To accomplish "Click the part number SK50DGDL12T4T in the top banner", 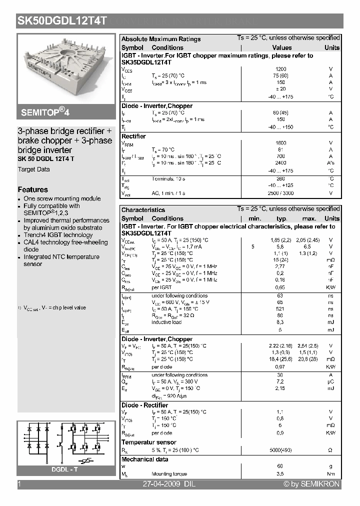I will [62, 21].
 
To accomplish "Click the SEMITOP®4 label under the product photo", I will [44, 111].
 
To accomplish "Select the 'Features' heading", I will [33, 189].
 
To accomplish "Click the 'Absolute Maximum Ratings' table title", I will [161, 39].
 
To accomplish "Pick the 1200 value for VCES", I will [281, 69].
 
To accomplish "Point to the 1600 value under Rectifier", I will [281, 143].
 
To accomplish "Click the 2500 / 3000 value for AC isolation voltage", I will [281, 193].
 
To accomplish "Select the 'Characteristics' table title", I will [143, 210].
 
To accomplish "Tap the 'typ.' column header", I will [282, 218].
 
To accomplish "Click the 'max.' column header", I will [309, 218].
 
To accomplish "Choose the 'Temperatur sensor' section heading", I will [148, 442].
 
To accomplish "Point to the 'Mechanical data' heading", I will [145, 459].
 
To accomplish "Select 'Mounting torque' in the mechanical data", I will [169, 473].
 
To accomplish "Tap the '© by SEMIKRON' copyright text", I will [311, 484].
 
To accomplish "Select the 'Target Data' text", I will [34, 169].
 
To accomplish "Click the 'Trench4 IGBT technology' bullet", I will [58, 235].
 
